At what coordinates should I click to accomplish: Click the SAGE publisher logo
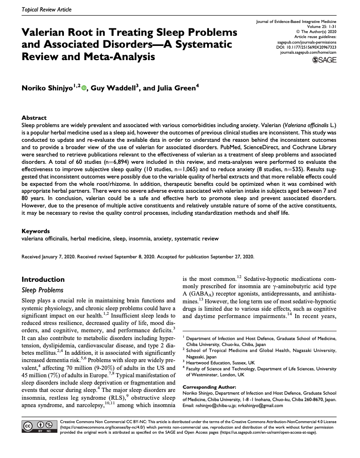324,60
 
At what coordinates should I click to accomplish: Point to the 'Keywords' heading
37,231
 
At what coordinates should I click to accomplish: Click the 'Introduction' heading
43,279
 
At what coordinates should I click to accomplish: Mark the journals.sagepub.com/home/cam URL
308,53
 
